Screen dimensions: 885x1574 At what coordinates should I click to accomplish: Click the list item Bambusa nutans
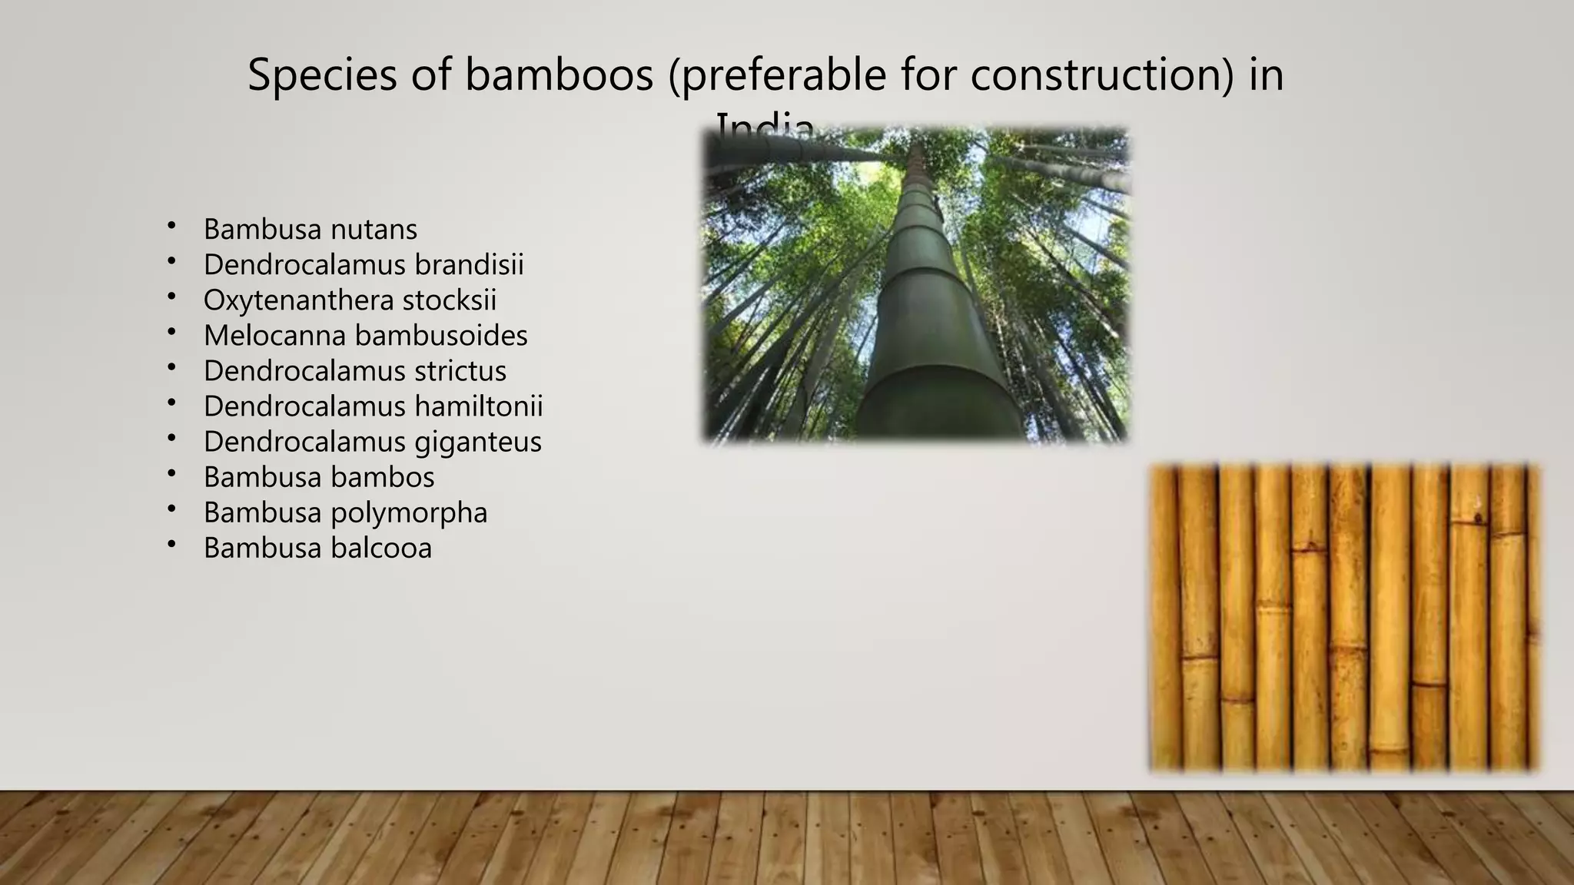(x=310, y=229)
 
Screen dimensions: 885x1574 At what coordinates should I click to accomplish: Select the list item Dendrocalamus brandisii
(x=364, y=264)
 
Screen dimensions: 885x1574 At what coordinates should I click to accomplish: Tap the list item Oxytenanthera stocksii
(x=350, y=300)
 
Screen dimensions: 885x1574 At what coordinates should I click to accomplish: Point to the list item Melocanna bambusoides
(x=366, y=335)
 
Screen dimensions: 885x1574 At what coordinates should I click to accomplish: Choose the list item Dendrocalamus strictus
(x=355, y=370)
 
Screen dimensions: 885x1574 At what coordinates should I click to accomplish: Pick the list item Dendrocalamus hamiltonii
(x=373, y=406)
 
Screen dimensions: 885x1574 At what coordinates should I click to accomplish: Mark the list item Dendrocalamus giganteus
(x=373, y=442)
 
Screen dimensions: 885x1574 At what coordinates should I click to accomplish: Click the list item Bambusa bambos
(x=319, y=477)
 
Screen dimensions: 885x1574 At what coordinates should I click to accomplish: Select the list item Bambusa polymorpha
(x=345, y=512)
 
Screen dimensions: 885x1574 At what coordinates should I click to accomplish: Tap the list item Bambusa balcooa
(x=317, y=548)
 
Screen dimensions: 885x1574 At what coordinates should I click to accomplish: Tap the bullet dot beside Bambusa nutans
(x=171, y=226)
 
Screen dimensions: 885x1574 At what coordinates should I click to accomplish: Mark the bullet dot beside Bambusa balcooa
(x=171, y=545)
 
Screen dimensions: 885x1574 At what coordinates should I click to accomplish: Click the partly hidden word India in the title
(x=764, y=125)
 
